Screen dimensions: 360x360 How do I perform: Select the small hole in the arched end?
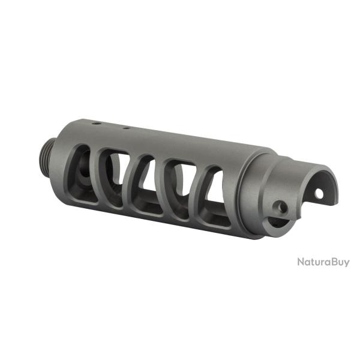click(x=319, y=194)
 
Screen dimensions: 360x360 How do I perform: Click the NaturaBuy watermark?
click(x=323, y=262)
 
